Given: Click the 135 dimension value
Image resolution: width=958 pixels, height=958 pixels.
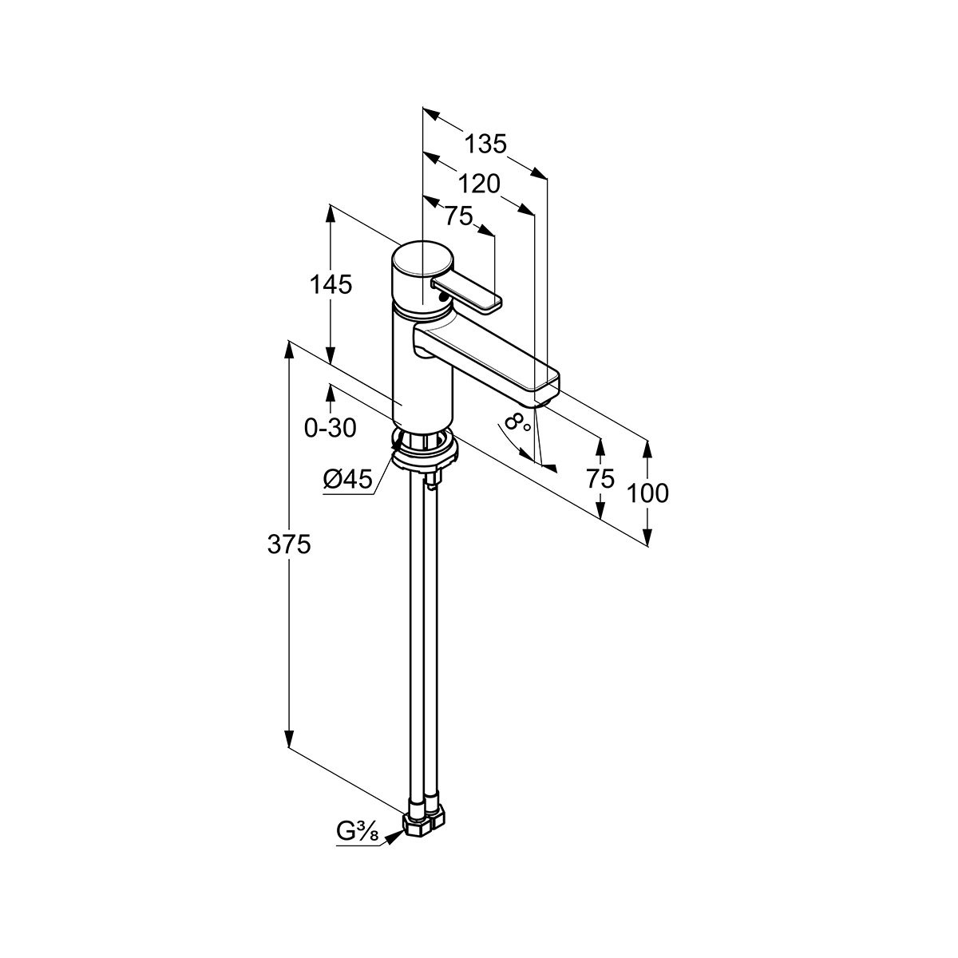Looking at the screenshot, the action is tap(485, 144).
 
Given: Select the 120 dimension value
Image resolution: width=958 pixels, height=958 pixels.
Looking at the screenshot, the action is tap(479, 184).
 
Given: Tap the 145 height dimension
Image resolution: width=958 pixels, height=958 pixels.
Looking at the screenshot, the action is tap(331, 285).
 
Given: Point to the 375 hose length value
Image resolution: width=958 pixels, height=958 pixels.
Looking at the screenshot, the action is tap(289, 544).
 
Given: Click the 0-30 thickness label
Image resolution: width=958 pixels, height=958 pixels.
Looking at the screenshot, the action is tap(330, 428).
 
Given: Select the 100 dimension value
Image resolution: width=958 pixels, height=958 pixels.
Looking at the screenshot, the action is tap(647, 493).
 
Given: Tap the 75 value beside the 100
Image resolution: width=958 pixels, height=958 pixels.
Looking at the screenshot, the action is tap(600, 479).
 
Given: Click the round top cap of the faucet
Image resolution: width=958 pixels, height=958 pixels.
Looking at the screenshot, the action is tap(422, 259).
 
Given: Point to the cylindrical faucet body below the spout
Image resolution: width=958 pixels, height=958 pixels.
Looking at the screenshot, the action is tap(422, 378).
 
